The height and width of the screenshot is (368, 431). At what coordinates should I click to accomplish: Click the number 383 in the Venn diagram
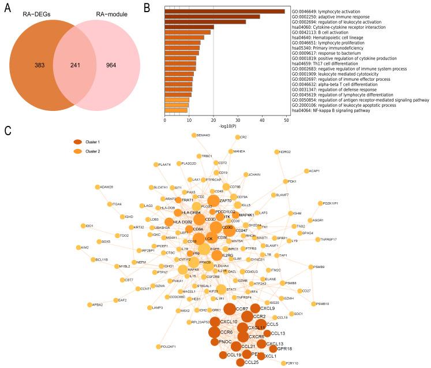point(23,66)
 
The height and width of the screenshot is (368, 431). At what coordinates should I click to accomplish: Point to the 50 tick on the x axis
point(285,120)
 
